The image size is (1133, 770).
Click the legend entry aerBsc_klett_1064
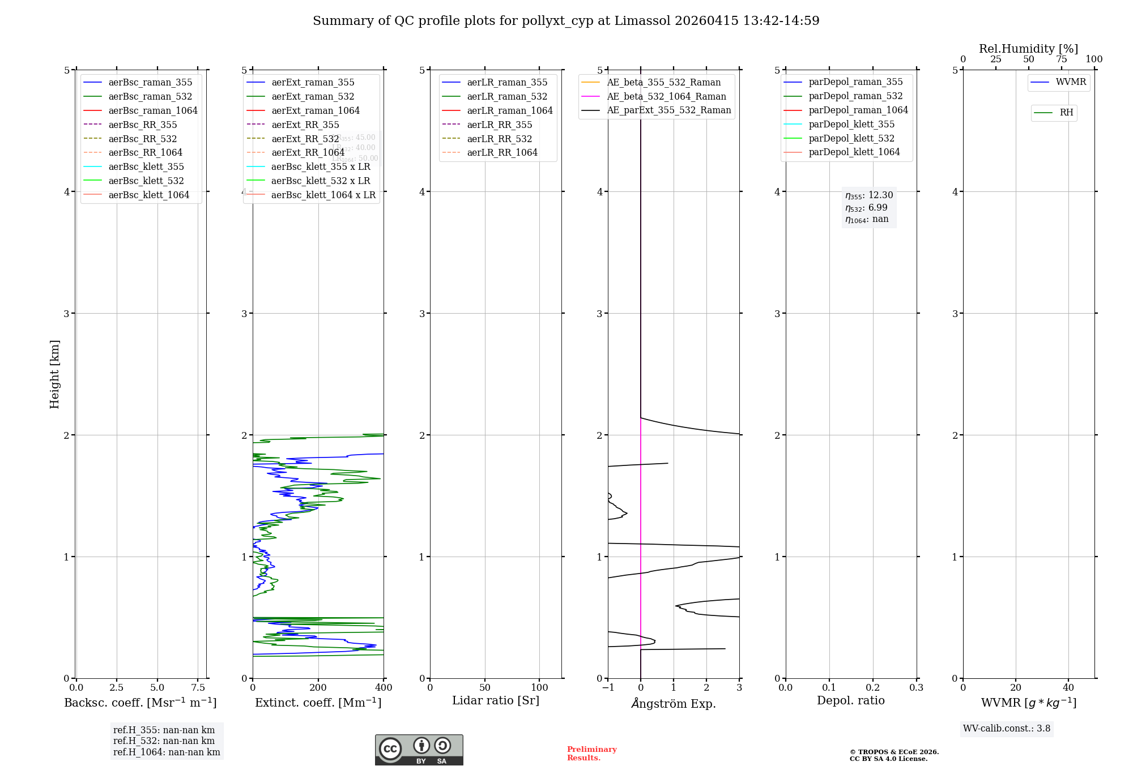tap(148, 195)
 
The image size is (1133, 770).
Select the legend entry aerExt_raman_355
tap(313, 82)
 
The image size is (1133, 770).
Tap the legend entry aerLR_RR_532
tap(499, 139)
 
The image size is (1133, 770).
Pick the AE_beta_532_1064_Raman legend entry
tap(666, 96)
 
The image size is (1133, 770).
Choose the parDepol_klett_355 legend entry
tap(851, 124)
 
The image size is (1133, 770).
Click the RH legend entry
tap(1066, 113)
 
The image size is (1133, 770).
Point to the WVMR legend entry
tap(1071, 82)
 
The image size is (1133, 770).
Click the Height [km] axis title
tap(54, 374)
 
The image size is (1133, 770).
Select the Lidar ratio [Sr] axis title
tap(496, 700)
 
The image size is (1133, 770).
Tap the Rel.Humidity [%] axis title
tap(1028, 49)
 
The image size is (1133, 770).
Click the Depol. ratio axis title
tap(850, 700)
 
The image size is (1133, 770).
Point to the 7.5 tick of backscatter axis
tap(198, 687)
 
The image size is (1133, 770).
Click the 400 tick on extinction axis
tap(384, 687)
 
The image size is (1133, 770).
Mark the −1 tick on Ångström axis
tap(608, 687)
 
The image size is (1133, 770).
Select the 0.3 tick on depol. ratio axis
tap(916, 687)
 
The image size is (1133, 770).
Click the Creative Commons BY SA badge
tap(419, 750)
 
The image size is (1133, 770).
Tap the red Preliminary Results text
tap(591, 753)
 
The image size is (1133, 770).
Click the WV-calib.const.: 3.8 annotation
tap(1007, 728)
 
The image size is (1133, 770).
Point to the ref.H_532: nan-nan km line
tap(164, 741)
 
